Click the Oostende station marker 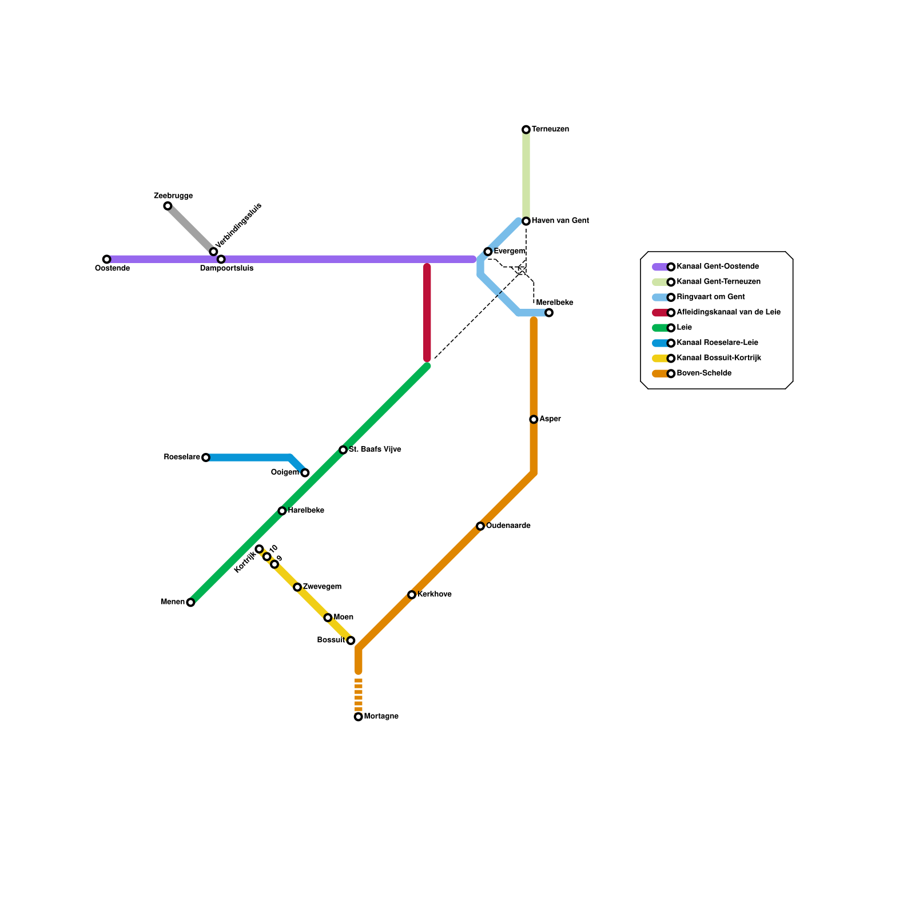(106, 259)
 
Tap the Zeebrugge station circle (168, 206)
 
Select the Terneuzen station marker (526, 130)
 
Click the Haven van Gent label (560, 221)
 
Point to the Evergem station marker (488, 252)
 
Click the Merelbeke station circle (549, 313)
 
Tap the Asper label (550, 419)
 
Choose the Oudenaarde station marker (480, 526)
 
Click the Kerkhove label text (434, 595)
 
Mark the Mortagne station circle (359, 717)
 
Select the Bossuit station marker (351, 640)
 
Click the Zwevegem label (322, 587)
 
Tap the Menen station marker (190, 602)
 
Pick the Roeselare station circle (206, 457)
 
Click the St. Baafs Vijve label (375, 449)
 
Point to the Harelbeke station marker (282, 511)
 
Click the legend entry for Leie (684, 328)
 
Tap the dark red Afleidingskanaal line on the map (427, 312)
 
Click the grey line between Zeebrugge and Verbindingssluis (190, 229)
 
